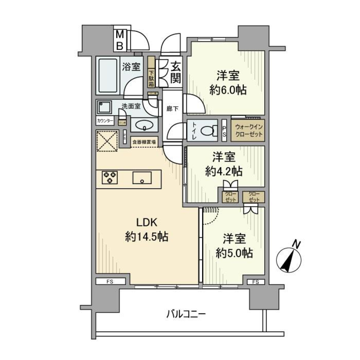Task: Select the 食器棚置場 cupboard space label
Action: [144, 142]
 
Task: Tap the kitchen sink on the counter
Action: [142, 178]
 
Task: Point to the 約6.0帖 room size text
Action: [228, 90]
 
